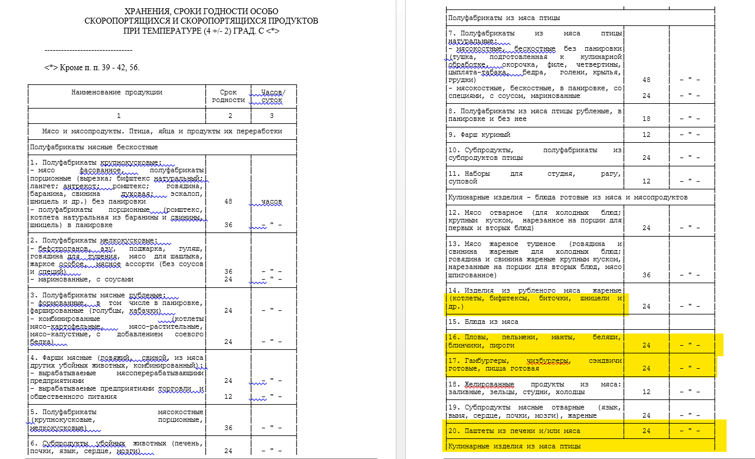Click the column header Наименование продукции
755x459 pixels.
coord(117,92)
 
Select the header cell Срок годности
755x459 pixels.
coord(228,96)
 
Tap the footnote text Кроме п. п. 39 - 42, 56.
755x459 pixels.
coord(97,67)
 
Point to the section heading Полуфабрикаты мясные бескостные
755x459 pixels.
coord(94,147)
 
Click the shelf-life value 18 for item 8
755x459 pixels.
coord(646,119)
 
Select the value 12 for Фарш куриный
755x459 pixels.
coord(646,135)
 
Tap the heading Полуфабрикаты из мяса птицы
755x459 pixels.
coord(504,18)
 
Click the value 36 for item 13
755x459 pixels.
coord(646,275)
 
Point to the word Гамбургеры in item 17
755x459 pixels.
coord(485,360)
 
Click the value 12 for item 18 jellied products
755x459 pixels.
coord(646,392)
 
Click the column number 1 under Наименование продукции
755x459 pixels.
coord(118,116)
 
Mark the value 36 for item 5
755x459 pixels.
coord(228,428)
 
